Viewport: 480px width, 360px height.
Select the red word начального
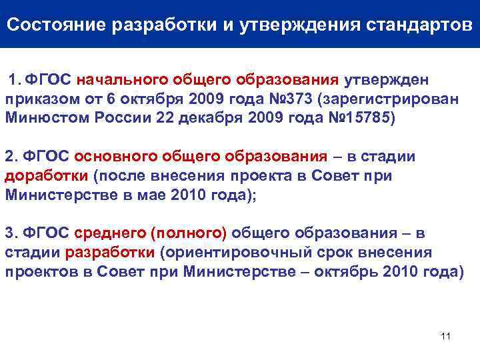[115, 81]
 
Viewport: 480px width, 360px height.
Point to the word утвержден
[387, 81]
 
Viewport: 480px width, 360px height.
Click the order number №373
[290, 99]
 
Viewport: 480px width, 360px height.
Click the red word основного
[114, 157]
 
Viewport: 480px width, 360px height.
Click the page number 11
[446, 335]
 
